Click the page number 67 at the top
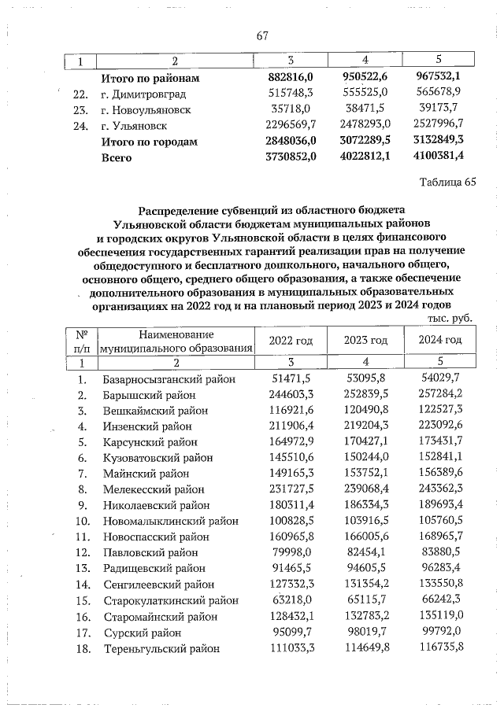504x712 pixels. pos(263,35)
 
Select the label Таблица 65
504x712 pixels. pos(449,183)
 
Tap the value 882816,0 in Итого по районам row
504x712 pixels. pos(291,79)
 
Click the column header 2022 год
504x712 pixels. pos(291,340)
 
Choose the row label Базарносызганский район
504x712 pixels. pos(169,380)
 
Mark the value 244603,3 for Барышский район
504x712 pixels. pos(291,395)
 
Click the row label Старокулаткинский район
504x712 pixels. pos(170,600)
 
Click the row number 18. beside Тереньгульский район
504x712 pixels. pos(81,648)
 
